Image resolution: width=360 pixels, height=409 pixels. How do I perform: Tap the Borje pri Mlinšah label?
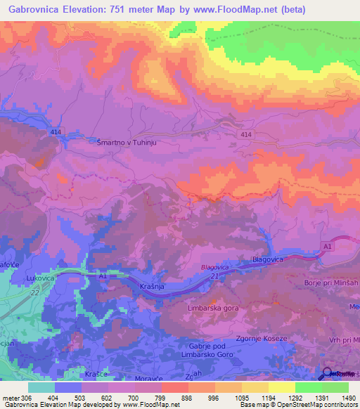click(x=328, y=280)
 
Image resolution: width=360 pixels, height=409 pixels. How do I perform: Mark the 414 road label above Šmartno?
click(x=56, y=132)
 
